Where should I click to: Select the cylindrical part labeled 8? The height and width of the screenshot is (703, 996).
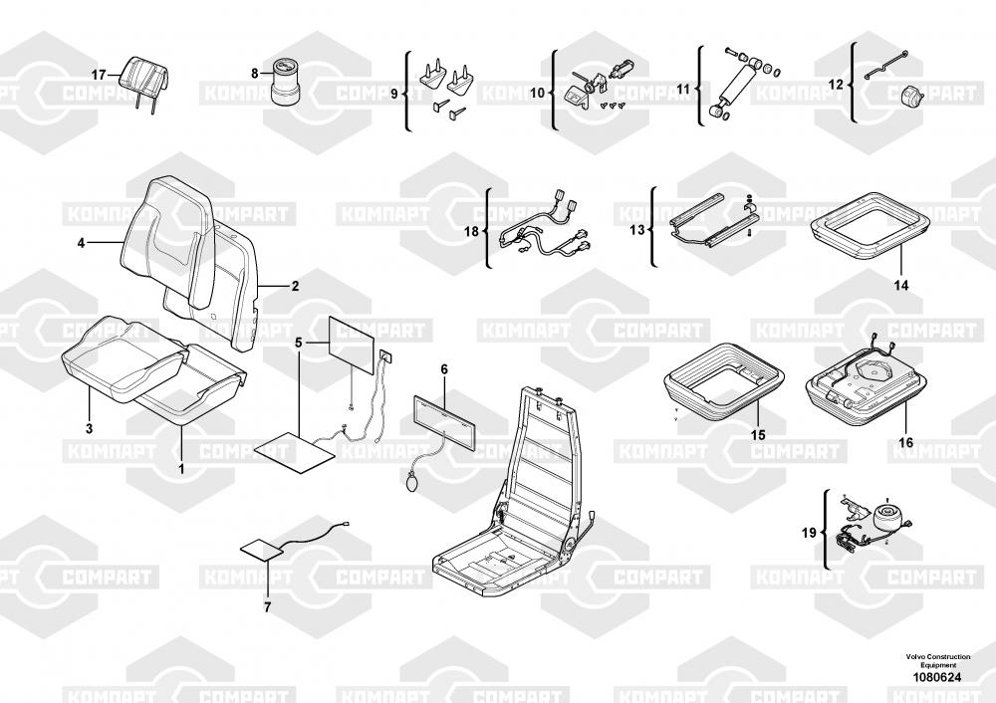pyautogui.click(x=286, y=81)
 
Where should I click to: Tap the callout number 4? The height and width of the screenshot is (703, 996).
pyautogui.click(x=81, y=243)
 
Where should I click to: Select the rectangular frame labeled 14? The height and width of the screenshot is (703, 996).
pyautogui.click(x=871, y=226)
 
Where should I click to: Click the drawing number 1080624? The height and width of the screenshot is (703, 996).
pyautogui.click(x=937, y=677)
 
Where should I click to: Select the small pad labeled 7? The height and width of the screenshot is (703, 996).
pyautogui.click(x=262, y=550)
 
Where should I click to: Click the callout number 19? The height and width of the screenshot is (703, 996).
pyautogui.click(x=809, y=533)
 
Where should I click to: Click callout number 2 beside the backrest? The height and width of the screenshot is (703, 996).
pyautogui.click(x=295, y=287)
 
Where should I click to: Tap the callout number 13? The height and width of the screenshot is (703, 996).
pyautogui.click(x=636, y=230)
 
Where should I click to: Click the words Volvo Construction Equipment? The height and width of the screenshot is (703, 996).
pyautogui.click(x=938, y=660)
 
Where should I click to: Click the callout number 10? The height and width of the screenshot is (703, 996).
pyautogui.click(x=538, y=93)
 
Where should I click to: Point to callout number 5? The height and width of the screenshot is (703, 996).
pyautogui.click(x=298, y=343)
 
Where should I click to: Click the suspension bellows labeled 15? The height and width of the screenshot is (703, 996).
pyautogui.click(x=725, y=378)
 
